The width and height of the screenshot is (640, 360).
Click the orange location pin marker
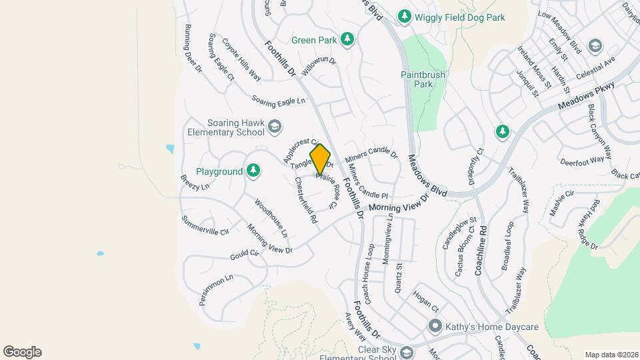[320, 159]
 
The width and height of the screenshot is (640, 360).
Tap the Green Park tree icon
[347, 39]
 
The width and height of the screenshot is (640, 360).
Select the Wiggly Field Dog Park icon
[403, 15]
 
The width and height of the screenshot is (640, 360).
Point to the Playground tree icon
[253, 171]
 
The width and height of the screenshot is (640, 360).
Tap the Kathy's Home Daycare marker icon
[435, 326]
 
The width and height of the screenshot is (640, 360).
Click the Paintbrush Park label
[423, 79]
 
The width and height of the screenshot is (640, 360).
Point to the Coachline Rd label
[482, 250]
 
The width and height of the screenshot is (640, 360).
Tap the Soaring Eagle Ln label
[278, 100]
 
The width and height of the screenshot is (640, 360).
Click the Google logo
[22, 351]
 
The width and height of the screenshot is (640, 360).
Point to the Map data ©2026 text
[611, 355]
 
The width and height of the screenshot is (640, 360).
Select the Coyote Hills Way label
[241, 59]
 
